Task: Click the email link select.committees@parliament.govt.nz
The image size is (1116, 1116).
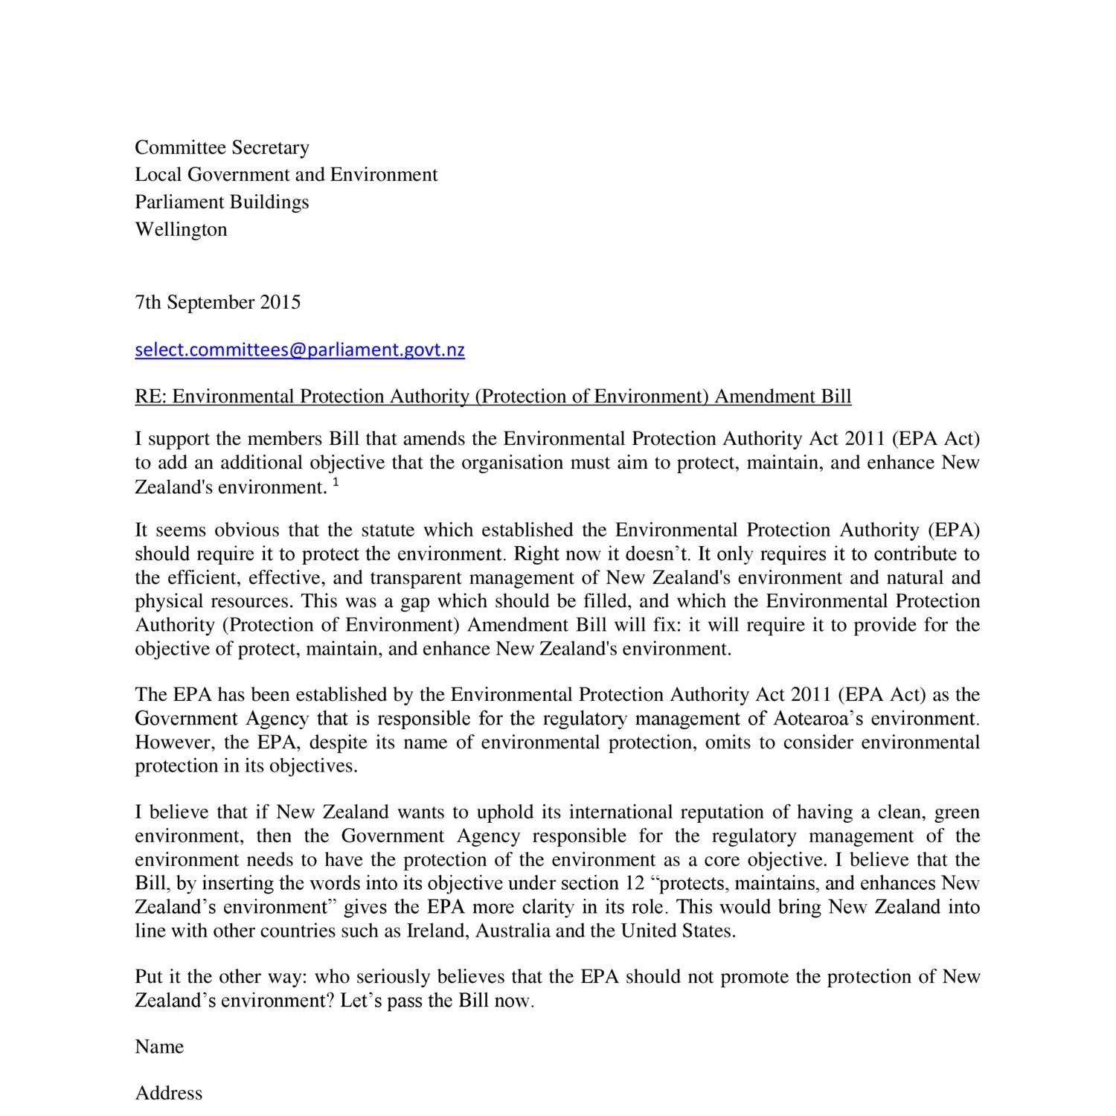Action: (300, 350)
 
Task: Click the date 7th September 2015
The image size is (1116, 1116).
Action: (218, 302)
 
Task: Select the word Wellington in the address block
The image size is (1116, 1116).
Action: (181, 229)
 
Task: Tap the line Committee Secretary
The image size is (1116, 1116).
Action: (222, 147)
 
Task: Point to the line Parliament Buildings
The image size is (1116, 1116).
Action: (222, 202)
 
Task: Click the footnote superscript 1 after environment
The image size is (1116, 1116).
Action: (336, 483)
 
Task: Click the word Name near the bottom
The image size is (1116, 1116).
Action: (159, 1047)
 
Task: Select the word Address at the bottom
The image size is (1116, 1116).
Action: (169, 1093)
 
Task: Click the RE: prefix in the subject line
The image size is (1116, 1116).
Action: (151, 396)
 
